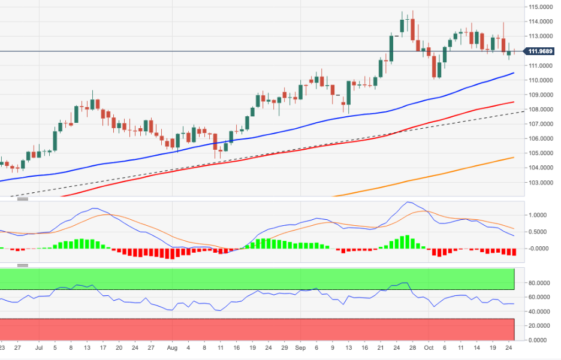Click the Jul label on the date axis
tap(39, 347)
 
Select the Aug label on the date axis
tap(172, 347)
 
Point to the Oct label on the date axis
tap(429, 347)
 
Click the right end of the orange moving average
tap(514, 158)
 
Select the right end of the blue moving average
tap(514, 73)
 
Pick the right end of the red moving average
tap(514, 102)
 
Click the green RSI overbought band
tap(258, 279)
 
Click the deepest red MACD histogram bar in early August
tap(172, 253)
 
